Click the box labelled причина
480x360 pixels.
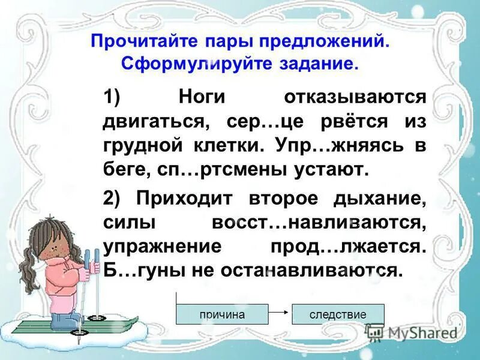pyautogui.click(x=222, y=314)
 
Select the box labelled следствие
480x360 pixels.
pyautogui.click(x=338, y=314)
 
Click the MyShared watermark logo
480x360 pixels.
pyautogui.click(x=413, y=332)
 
